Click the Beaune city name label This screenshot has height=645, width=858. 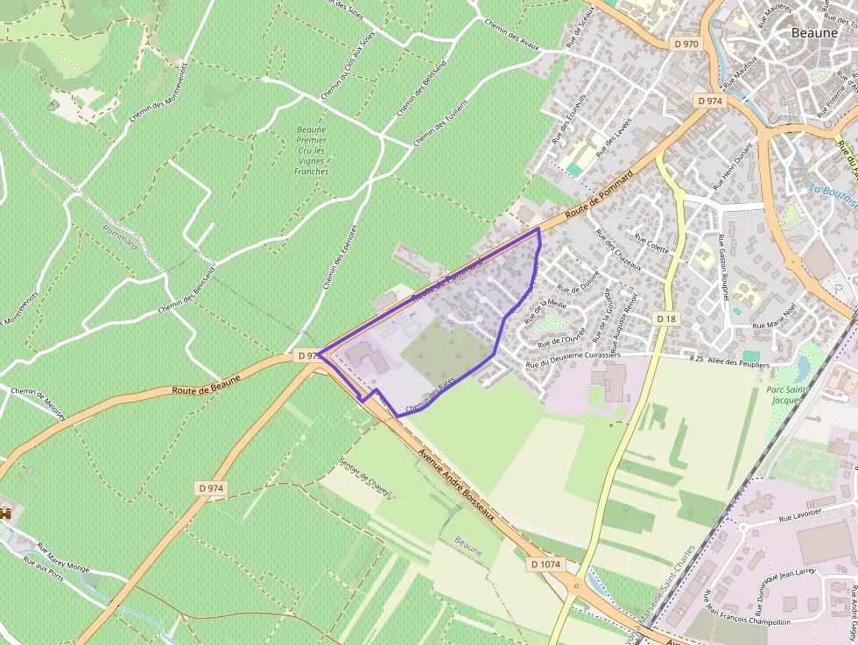814,32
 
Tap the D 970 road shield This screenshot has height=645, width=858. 686,44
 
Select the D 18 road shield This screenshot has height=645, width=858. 666,319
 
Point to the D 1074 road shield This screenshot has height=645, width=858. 545,564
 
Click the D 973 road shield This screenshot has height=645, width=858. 306,356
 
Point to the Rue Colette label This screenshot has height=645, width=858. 657,249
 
